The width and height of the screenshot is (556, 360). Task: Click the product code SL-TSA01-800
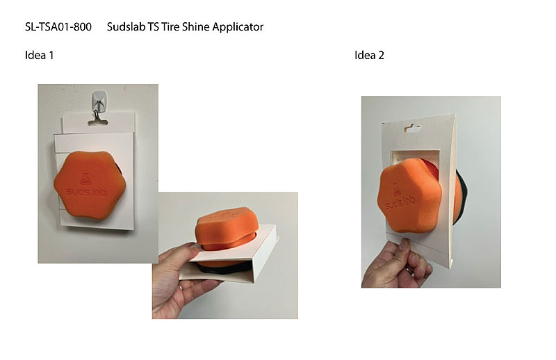pyautogui.click(x=58, y=27)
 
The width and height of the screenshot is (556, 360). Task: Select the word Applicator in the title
pyautogui.click(x=238, y=27)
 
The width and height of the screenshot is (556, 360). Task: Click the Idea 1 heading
pyautogui.click(x=40, y=56)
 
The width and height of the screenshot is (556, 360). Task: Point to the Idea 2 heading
pyautogui.click(x=369, y=56)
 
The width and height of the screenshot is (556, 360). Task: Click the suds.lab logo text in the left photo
pyautogui.click(x=86, y=192)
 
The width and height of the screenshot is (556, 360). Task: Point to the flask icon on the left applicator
pyautogui.click(x=85, y=179)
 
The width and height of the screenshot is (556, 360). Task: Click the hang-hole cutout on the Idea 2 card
pyautogui.click(x=412, y=128)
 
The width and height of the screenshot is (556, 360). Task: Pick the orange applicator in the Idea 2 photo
pyautogui.click(x=411, y=195)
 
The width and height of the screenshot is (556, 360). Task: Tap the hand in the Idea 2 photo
pyautogui.click(x=396, y=264)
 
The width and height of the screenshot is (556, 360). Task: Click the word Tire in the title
pyautogui.click(x=169, y=27)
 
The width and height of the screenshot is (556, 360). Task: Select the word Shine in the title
pyautogui.click(x=195, y=27)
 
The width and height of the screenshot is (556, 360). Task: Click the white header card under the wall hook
pyautogui.click(x=99, y=122)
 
